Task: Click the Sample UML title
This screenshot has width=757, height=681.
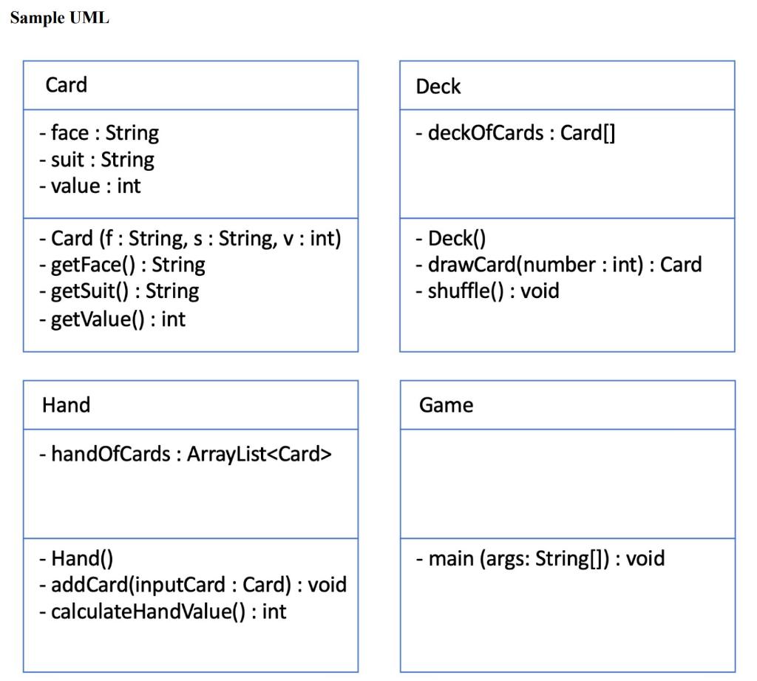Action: point(60,18)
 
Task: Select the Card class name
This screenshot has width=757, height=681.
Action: point(66,85)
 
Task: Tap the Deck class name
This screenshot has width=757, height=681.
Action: point(438,87)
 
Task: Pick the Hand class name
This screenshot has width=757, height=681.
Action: point(66,405)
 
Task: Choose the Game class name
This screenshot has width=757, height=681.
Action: point(446,405)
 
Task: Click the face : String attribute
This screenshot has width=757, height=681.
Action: point(99,133)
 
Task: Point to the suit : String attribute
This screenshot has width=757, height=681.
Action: point(97,160)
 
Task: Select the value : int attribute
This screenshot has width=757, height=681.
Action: point(89,186)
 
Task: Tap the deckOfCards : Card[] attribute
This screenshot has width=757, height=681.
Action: point(515,133)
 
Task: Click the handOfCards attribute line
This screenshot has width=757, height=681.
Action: point(186,453)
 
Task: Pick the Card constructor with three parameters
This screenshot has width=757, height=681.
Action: point(190,239)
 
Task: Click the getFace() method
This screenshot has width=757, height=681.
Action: point(122,265)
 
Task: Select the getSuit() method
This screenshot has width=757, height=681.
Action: point(119,291)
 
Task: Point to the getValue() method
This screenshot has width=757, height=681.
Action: point(112,319)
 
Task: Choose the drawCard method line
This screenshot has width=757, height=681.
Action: point(558,265)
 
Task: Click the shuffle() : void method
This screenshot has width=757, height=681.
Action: point(487,291)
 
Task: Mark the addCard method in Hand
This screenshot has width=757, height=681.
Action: point(192,585)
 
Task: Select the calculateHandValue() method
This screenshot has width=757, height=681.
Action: point(163,611)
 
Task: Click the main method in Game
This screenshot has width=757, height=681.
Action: point(540,558)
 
